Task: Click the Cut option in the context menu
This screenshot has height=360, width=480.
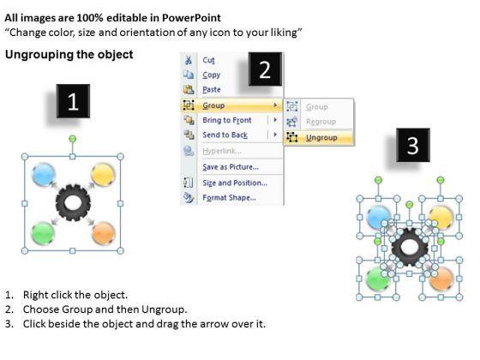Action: click(208, 60)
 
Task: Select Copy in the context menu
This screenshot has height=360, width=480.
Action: click(211, 75)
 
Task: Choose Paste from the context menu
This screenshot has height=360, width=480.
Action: click(212, 90)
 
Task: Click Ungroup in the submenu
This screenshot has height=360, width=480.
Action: click(321, 138)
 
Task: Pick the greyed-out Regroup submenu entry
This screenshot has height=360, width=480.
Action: click(321, 122)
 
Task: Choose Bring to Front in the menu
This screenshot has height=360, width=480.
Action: click(227, 120)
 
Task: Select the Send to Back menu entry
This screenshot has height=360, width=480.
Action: click(225, 135)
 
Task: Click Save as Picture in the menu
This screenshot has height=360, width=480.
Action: click(231, 167)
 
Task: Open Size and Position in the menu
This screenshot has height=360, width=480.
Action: click(235, 183)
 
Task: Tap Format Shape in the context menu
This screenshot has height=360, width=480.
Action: click(230, 198)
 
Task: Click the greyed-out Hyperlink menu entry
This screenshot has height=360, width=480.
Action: click(222, 151)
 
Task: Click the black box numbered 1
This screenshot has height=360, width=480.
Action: click(73, 101)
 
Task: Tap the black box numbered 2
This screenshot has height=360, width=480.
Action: click(265, 69)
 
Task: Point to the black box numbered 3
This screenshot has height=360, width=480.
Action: click(413, 145)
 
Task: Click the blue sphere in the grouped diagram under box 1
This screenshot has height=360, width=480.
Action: click(44, 175)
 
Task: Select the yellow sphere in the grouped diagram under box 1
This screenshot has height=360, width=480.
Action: click(103, 175)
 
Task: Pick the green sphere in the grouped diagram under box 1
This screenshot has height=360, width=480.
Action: click(43, 233)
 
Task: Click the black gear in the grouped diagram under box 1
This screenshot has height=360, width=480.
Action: click(73, 202)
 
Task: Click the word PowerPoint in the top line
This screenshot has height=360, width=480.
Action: click(191, 18)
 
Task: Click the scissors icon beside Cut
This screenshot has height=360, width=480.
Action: click(189, 60)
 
